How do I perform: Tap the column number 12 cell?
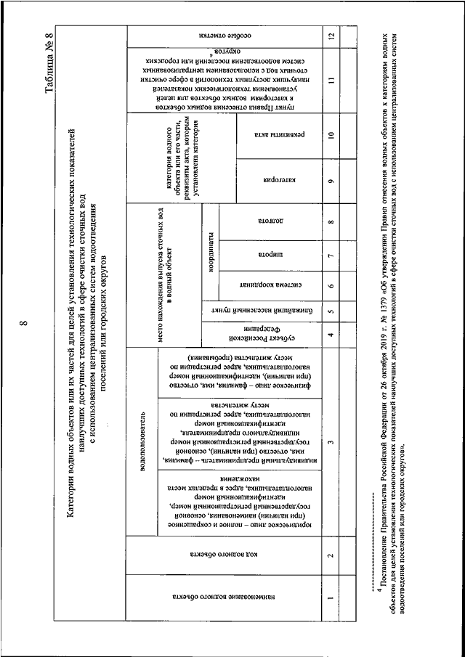(x=331, y=36)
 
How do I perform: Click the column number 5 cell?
(x=331, y=311)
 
